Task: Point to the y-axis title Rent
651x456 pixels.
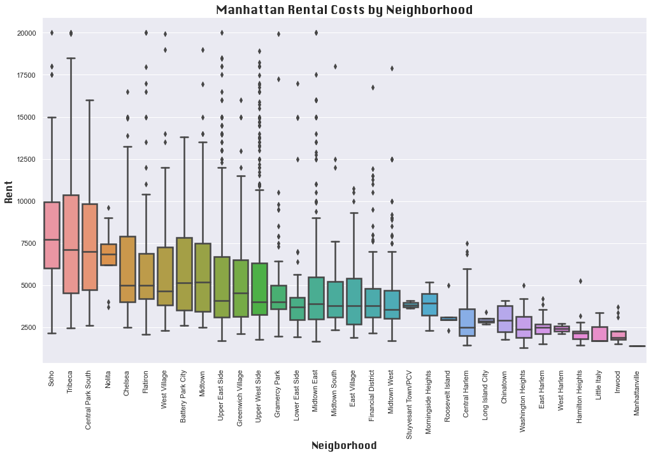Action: (9, 191)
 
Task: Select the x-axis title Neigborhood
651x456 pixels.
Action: (344, 446)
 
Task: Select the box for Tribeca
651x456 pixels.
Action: (71, 244)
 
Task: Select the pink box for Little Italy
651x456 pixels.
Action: (599, 334)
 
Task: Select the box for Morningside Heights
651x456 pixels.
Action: (429, 304)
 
